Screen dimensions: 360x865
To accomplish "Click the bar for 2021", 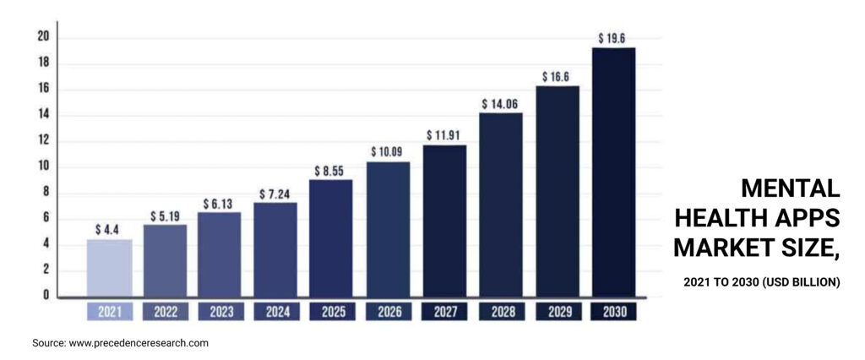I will [x=110, y=268].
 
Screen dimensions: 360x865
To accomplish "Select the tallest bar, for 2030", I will [x=613, y=172].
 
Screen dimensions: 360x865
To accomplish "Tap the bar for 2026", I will [x=388, y=229].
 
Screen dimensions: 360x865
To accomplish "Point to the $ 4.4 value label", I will [x=108, y=229].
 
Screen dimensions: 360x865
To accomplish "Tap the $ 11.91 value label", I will [x=444, y=134].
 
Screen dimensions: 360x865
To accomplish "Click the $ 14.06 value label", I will [x=500, y=103].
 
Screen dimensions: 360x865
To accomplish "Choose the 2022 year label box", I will [x=166, y=312].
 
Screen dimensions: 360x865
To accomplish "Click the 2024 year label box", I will [x=277, y=312].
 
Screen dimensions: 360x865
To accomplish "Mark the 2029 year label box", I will [x=558, y=312].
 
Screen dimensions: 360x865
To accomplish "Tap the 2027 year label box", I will [x=445, y=312].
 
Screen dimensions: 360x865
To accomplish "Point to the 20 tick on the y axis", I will [x=43, y=36].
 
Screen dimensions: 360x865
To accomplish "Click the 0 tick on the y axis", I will [x=46, y=296].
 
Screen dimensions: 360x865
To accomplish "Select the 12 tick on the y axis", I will [x=43, y=140].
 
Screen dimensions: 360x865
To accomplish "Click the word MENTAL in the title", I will [x=790, y=188].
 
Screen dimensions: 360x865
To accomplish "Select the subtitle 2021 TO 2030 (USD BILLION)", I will [x=762, y=281].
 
